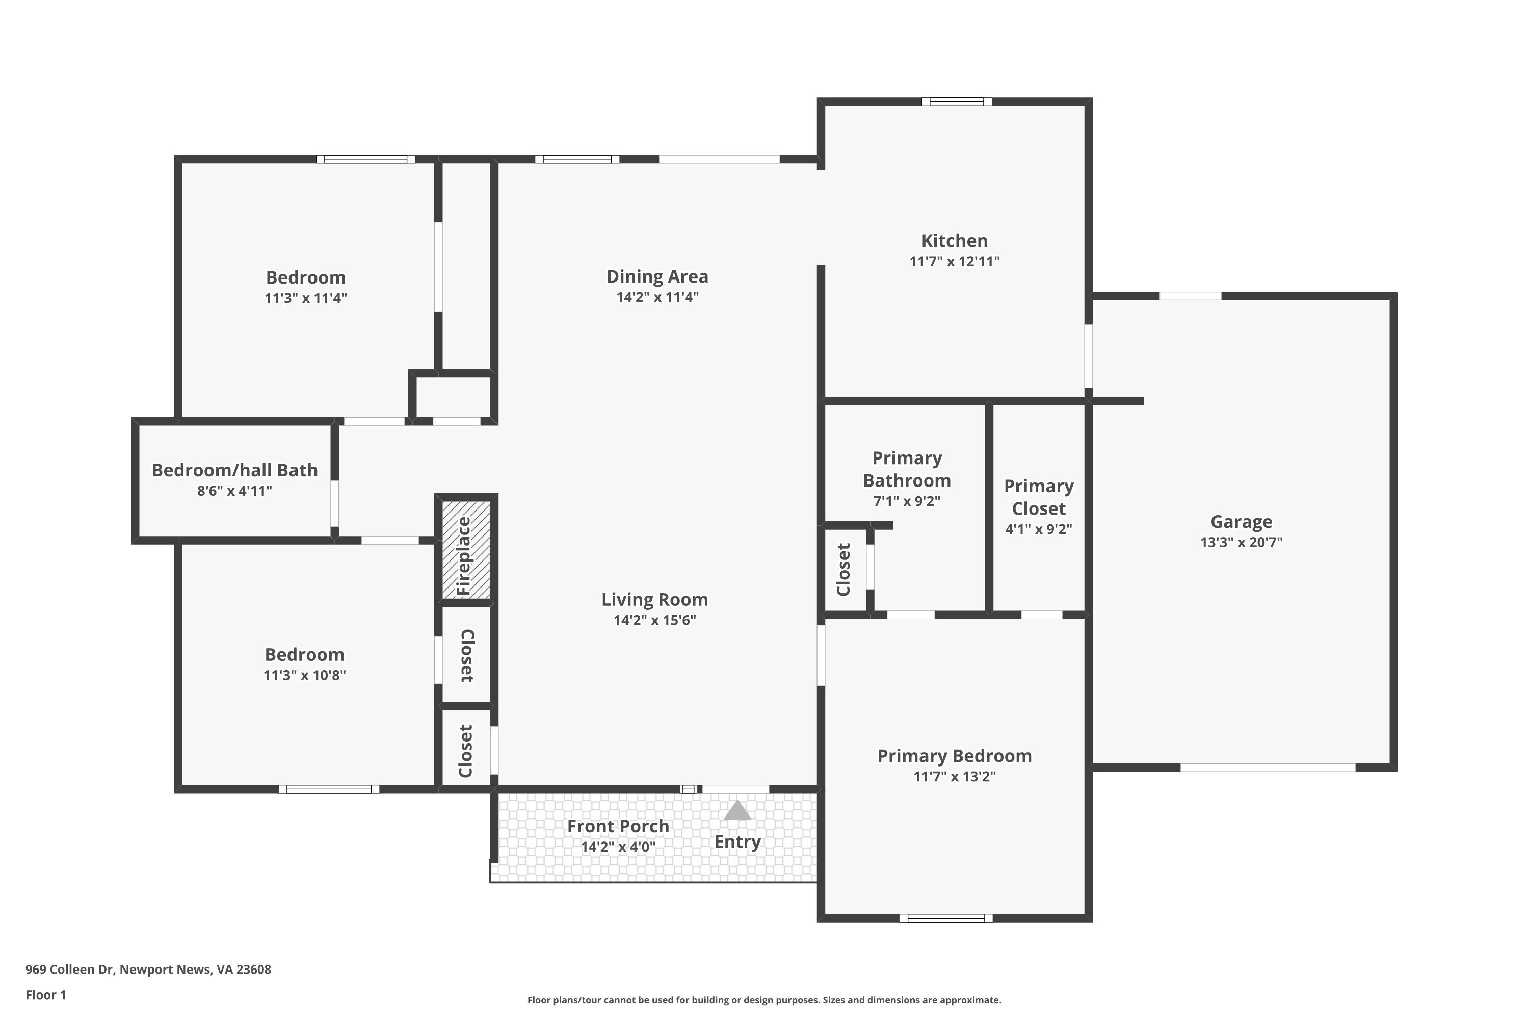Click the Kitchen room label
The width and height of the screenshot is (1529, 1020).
point(954,241)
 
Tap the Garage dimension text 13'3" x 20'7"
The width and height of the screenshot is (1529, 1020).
point(1241,542)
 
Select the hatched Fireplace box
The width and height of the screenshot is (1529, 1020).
point(466,550)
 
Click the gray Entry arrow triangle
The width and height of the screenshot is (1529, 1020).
point(737,810)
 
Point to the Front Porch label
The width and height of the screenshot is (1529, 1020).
point(618,826)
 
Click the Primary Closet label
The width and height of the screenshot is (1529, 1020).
point(1038,497)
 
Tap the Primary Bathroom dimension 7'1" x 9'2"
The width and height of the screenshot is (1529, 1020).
point(906,501)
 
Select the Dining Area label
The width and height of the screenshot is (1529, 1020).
point(657,276)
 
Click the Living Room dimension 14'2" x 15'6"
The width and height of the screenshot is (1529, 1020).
point(654,620)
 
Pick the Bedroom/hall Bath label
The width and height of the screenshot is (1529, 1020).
point(234,470)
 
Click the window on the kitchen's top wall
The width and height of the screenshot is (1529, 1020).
point(957,101)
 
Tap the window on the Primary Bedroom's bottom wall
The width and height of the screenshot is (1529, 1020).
point(946,918)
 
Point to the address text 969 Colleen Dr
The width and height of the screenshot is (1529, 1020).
point(69,970)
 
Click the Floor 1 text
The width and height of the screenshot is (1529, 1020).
point(45,994)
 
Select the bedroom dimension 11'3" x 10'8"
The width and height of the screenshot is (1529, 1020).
point(304,675)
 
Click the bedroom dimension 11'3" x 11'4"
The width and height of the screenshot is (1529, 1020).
point(305,298)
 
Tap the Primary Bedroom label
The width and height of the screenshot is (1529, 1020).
point(954,756)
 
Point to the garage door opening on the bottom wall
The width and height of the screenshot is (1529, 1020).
point(1268,768)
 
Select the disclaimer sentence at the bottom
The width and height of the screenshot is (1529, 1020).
point(764,1000)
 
